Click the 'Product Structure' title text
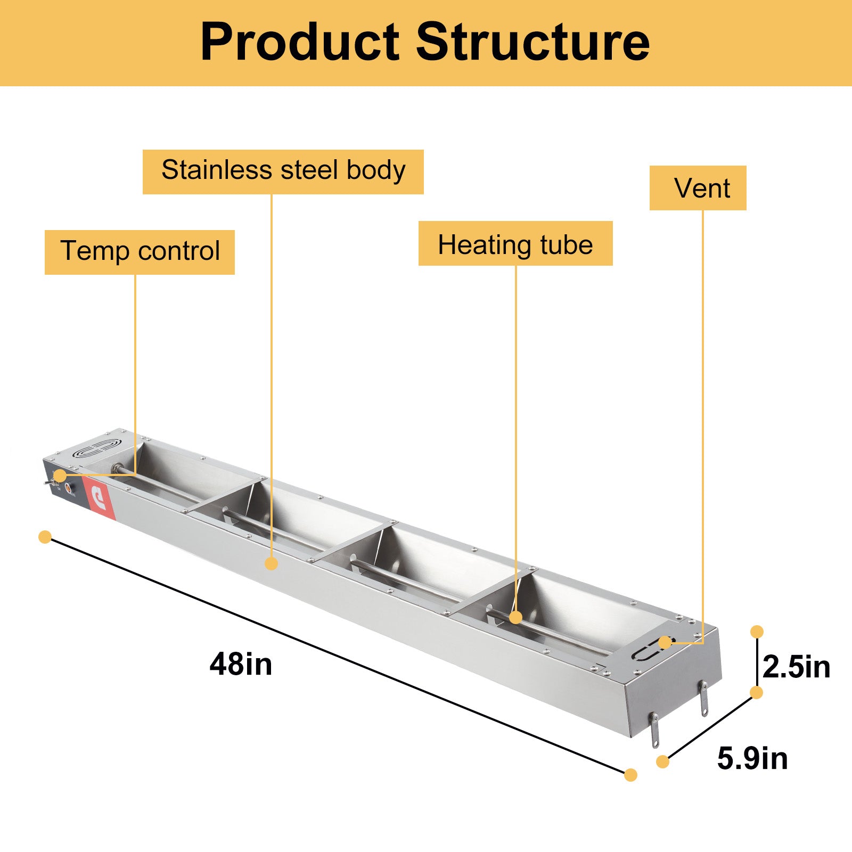coord(425,43)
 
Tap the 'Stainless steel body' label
coord(283,171)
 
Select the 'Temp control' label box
coord(140,252)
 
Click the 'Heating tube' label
coord(515,243)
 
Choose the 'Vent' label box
coord(698,188)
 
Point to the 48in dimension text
coord(241,665)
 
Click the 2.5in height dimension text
coord(796,667)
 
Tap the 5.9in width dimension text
coord(752,758)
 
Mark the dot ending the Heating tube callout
coord(515,618)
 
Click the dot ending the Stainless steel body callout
coord(272,563)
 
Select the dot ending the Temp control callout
coord(60,476)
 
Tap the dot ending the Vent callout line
coord(665,642)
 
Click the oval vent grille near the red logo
coord(96,448)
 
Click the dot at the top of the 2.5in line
coord(757,632)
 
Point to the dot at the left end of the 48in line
coord(45,537)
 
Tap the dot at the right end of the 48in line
coord(630,775)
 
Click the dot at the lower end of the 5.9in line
coord(662,761)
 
